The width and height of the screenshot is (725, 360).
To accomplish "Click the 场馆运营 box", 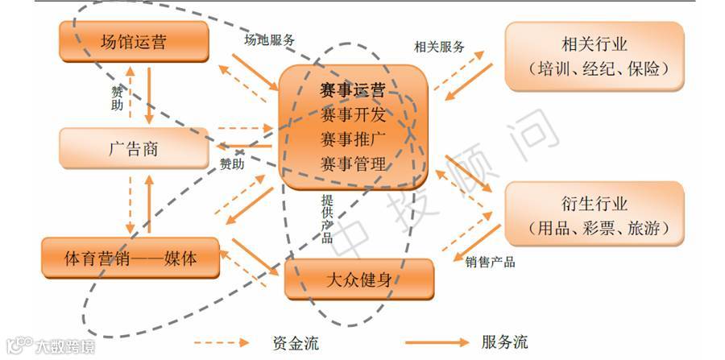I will point(134,40).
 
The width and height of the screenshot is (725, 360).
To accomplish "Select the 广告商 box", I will point(134,148).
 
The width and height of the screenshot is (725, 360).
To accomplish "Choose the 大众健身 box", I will point(359,279).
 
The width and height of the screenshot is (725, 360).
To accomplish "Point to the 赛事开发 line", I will point(352,114).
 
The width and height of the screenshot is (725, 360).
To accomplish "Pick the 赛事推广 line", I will point(352,139).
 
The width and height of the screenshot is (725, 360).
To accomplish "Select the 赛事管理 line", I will point(352,163).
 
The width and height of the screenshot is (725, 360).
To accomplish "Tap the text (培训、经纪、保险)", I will point(594,68).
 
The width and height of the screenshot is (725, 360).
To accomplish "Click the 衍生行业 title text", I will point(594,204).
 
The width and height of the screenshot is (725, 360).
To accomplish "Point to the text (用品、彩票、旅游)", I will point(594,229).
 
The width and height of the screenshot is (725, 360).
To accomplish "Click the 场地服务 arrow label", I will point(270,39).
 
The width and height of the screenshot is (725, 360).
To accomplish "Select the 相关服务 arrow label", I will point(439,47).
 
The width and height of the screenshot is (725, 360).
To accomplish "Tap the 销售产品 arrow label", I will point(490,262).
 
